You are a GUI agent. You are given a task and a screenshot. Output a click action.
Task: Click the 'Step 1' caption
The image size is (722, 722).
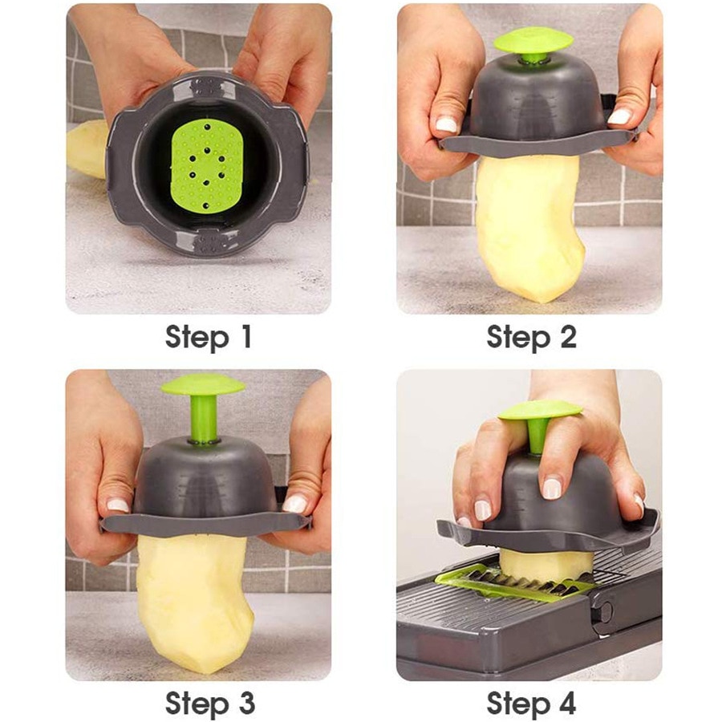pos(209,337)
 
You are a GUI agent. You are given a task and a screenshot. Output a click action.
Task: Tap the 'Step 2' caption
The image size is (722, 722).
pos(531,337)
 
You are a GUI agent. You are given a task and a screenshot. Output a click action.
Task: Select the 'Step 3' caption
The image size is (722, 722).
pos(209,703)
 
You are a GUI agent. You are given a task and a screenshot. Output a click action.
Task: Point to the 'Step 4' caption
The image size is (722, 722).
pos(531,703)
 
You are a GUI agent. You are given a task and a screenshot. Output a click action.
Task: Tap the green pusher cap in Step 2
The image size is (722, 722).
pos(533,40)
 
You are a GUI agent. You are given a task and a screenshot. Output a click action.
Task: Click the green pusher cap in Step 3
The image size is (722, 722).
pos(202,385)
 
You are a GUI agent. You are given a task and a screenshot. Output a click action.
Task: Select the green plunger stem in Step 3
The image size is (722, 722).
pos(204,419)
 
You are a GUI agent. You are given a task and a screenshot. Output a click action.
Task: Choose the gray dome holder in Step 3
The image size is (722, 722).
pos(204,477)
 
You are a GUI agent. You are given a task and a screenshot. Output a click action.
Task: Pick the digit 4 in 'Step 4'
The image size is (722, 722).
pos(565,703)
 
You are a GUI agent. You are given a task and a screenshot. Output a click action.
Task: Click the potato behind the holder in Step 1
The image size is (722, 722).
pos(85,148)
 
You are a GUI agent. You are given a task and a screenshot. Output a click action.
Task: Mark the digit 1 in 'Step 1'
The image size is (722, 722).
pos(242,337)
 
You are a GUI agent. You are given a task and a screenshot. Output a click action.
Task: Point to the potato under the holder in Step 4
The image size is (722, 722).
pos(546,563)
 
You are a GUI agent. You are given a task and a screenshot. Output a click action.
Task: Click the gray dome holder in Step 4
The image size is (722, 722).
pos(562,497)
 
